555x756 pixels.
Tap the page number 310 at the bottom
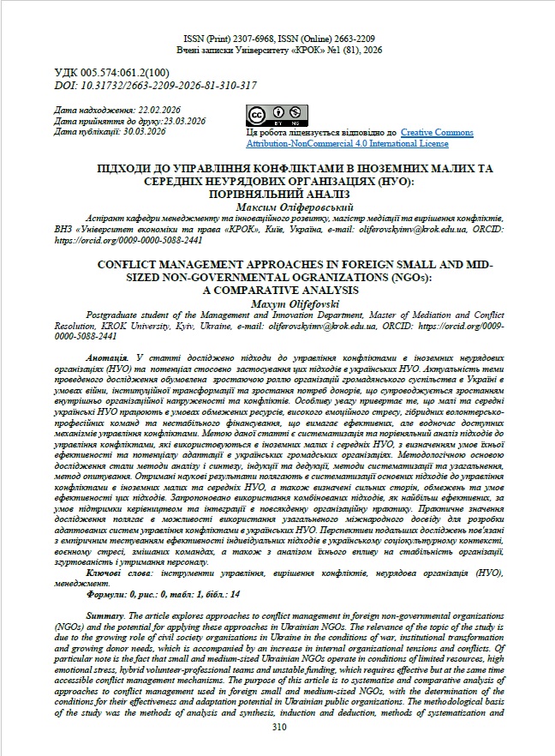(x=277, y=727)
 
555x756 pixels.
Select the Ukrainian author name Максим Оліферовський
(x=278, y=207)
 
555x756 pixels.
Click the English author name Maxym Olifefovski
(x=278, y=305)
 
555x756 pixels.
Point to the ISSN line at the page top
(x=277, y=39)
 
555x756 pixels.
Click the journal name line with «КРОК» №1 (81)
(x=277, y=51)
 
